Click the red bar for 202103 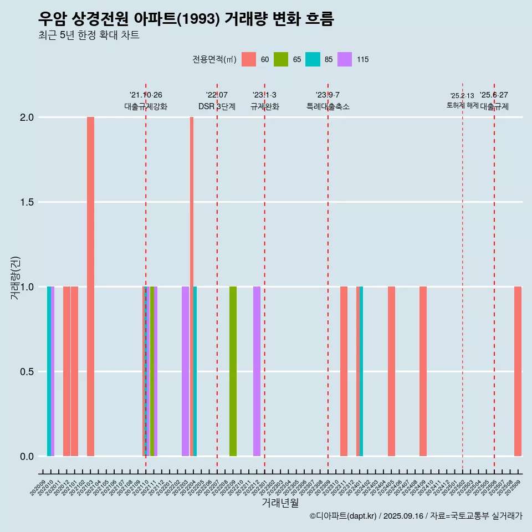(x=90, y=287)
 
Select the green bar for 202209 (x=233, y=371)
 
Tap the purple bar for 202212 (x=257, y=371)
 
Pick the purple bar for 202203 (x=185, y=371)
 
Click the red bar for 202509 (x=518, y=371)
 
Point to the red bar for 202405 (x=391, y=371)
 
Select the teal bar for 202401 (x=361, y=371)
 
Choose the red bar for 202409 (x=423, y=371)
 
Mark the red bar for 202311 (x=344, y=371)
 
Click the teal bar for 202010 (x=49, y=371)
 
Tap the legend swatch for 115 (x=345, y=59)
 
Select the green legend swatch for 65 (x=281, y=59)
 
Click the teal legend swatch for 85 (x=313, y=59)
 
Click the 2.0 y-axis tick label (x=26, y=117)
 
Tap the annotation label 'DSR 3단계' (x=217, y=106)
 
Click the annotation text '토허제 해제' (x=462, y=105)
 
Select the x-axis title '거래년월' (x=280, y=503)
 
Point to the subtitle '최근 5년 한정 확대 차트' (x=89, y=35)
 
